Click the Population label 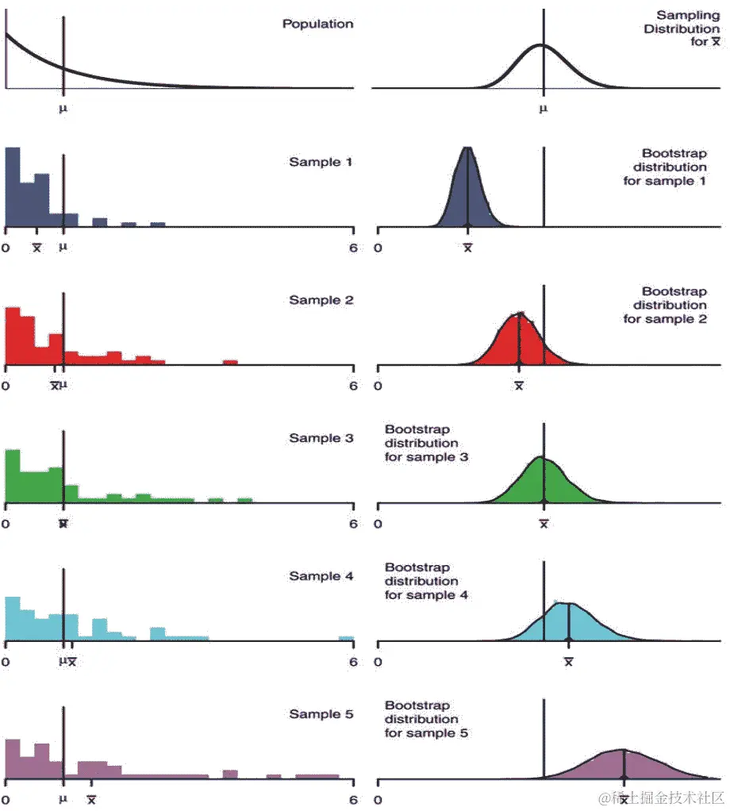tap(317, 24)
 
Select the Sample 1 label tap(321, 162)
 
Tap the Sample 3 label tap(321, 438)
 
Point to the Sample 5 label tap(321, 714)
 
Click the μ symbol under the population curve tap(63, 108)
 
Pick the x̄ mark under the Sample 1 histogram tap(36, 248)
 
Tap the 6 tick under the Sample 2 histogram tap(353, 386)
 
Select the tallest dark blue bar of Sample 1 tap(13, 187)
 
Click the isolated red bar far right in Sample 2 tap(230, 363)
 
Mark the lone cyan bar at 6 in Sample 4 tap(346, 638)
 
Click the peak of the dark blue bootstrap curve tap(467, 149)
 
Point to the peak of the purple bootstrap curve tap(624, 750)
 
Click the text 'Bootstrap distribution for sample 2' tap(664, 306)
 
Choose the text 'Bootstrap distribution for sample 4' tap(426, 581)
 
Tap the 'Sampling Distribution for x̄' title tap(687, 29)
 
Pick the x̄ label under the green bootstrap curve tap(544, 524)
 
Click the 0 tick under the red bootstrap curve tap(378, 386)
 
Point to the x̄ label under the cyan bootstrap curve tap(568, 662)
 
